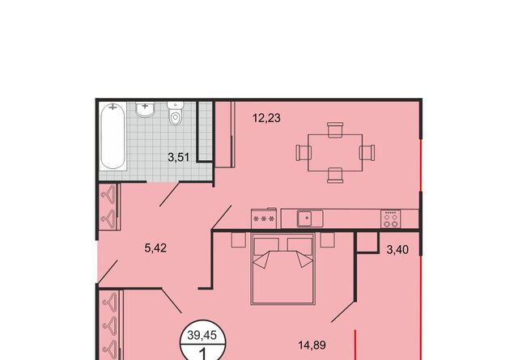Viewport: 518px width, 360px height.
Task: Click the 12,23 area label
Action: click(266, 118)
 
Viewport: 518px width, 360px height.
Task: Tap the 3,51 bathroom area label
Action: click(179, 157)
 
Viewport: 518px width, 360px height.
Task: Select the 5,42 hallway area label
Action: click(155, 248)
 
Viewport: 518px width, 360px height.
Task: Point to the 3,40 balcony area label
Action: click(397, 250)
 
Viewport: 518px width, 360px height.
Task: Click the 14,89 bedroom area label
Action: click(312, 345)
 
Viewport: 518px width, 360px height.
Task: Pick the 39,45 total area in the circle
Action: click(202, 335)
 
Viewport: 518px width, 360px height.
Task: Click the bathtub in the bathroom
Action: click(113, 136)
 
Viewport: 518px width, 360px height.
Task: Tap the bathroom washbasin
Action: click(145, 109)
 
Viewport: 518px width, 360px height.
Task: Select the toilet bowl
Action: click(176, 113)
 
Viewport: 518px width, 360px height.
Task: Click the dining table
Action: click(335, 153)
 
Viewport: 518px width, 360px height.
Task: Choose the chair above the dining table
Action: click(335, 129)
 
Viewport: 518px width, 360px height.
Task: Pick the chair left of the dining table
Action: click(304, 153)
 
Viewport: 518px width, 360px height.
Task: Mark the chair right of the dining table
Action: click(367, 153)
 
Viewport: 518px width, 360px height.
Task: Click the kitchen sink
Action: click(310, 218)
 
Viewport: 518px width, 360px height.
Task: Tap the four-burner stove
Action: click(390, 218)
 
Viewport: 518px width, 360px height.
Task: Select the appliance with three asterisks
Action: click(263, 218)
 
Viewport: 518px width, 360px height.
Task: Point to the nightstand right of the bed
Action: click(327, 240)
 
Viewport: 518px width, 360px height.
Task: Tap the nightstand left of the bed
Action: click(239, 240)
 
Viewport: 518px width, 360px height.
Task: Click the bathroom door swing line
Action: click(169, 194)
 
